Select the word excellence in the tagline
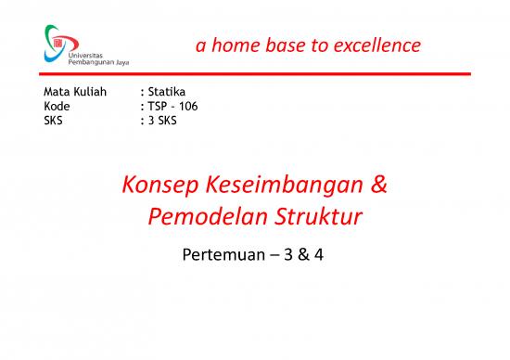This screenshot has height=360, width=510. pos(375,45)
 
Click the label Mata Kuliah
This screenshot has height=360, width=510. pos(75,93)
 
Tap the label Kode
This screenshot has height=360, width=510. pos(57,106)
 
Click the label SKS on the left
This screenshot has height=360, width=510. pos(55,119)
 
